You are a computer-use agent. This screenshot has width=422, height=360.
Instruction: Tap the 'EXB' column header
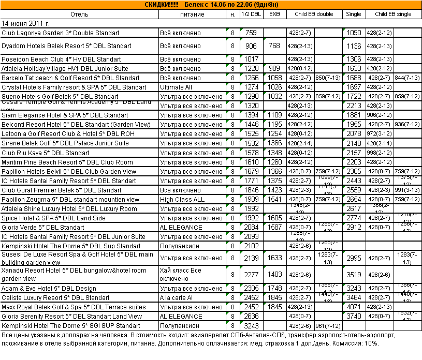click(274, 14)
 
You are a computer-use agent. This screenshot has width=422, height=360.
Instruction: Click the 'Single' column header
click(354, 14)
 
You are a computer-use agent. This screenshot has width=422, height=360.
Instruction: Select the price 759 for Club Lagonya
click(251, 33)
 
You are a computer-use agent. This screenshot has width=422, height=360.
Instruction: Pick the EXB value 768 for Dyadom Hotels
click(274, 46)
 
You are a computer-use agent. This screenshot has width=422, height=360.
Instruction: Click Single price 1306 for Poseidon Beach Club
click(354, 59)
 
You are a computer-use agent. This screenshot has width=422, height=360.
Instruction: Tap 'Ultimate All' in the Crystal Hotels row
click(176, 87)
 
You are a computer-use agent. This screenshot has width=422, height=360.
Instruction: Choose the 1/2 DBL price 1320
click(251, 106)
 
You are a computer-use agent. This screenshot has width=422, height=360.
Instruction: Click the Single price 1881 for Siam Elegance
click(354, 115)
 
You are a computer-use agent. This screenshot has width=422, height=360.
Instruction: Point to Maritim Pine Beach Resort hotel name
click(67, 162)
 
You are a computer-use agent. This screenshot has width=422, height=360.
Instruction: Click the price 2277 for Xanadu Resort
click(251, 275)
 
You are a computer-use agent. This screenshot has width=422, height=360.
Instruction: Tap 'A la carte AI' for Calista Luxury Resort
click(177, 298)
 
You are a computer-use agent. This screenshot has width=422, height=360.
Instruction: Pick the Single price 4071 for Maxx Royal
click(354, 307)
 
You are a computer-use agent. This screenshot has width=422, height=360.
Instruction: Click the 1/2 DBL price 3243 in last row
click(251, 326)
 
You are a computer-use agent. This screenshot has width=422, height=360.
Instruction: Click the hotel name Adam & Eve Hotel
click(49, 289)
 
